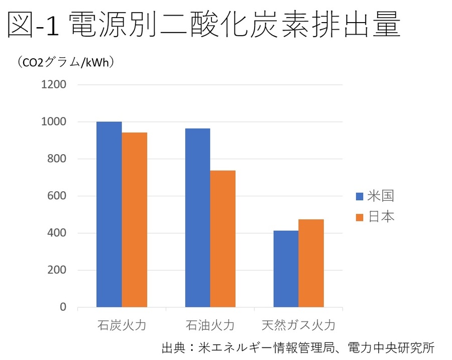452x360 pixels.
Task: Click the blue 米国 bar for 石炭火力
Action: pos(109,214)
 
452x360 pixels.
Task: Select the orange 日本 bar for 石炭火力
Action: pos(135,220)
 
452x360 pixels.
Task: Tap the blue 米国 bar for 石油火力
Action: pos(197,218)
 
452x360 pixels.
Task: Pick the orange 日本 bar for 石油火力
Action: pos(223,239)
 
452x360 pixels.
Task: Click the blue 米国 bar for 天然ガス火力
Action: pos(286,269)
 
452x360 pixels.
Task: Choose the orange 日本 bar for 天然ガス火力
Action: pos(311,263)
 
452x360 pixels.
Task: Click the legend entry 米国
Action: pos(374,196)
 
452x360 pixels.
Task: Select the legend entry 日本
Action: pos(374,217)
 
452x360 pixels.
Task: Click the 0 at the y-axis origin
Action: pos(63,307)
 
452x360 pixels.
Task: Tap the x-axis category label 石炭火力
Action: pos(122,325)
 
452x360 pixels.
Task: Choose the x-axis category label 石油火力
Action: pos(210,325)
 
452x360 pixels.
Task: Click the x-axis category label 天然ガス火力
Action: pos(298,325)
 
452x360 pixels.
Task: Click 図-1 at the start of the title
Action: pos(33,25)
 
